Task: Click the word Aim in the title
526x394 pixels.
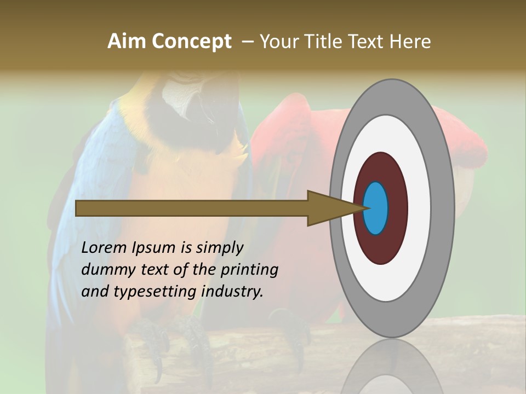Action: coord(127,42)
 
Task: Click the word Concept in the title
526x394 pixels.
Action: coord(192,42)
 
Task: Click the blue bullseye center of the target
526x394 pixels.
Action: coord(375,208)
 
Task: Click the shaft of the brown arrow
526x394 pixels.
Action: coord(192,208)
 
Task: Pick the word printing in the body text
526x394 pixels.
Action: coord(249,270)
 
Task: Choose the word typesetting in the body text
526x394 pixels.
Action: coord(156,292)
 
